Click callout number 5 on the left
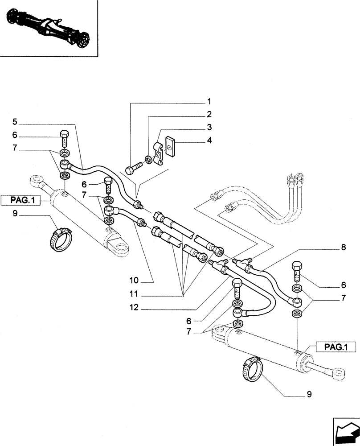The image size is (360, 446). (15, 121)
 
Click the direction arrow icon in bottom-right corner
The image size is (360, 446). (346, 430)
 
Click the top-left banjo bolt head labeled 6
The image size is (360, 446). (64, 135)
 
